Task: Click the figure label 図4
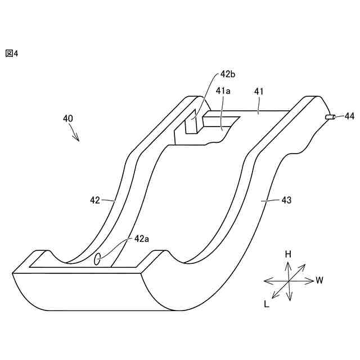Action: pos(12,53)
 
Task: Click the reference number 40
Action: pos(67,119)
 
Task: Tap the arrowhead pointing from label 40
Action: pos(78,139)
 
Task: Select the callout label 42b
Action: pos(228,74)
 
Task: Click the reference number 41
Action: pos(259,91)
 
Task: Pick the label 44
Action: pos(349,116)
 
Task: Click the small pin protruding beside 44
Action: pos(330,117)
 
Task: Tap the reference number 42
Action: pos(95,200)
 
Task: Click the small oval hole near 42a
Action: pos(97,259)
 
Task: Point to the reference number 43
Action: pos(286,200)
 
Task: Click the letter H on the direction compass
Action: pos(288,254)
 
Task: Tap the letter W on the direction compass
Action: pos(319,280)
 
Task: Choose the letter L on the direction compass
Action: pos(266,304)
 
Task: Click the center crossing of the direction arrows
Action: pos(289,280)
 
